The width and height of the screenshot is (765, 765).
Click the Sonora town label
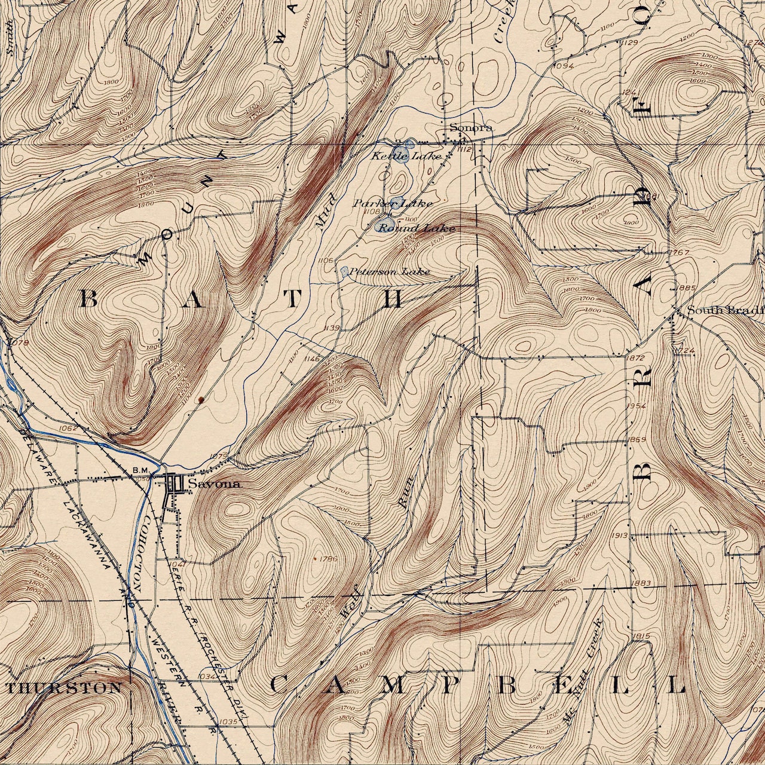(471, 127)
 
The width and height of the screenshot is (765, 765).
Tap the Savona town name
(215, 484)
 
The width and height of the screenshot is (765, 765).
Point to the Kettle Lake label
(406, 156)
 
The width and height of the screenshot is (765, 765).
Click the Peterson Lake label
(390, 272)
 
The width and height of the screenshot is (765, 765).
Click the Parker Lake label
(393, 203)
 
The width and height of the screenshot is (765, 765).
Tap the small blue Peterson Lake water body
(344, 271)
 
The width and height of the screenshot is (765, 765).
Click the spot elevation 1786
(329, 559)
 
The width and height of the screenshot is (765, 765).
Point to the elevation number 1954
(637, 406)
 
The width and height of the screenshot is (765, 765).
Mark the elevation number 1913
(620, 535)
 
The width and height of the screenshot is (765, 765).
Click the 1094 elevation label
(564, 66)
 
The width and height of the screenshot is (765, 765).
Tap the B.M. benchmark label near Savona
(140, 470)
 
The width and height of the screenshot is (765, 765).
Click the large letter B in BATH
(88, 299)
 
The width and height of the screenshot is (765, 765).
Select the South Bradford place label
(725, 310)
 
